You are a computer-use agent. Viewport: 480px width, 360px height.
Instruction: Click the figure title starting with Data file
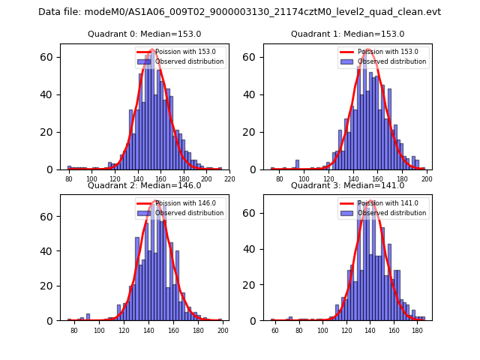click(x=239, y=12)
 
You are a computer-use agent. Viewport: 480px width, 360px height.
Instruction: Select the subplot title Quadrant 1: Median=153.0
click(x=347, y=34)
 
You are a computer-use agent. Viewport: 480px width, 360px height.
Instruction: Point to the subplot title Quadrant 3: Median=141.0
click(x=347, y=186)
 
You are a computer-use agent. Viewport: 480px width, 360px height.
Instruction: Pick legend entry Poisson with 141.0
click(x=388, y=202)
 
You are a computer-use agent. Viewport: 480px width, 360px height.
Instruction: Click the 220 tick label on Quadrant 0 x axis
click(x=229, y=179)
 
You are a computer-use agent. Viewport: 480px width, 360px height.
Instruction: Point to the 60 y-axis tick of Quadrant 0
click(x=46, y=57)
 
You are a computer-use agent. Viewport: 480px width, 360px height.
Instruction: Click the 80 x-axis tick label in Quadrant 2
click(x=74, y=331)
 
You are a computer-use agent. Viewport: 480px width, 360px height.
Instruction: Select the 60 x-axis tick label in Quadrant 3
click(x=275, y=331)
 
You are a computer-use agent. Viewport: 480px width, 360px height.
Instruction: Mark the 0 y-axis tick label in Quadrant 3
click(x=256, y=321)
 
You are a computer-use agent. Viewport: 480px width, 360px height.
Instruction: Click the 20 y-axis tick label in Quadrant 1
click(x=253, y=132)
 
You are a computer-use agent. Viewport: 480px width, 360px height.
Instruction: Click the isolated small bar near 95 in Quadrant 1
click(x=297, y=164)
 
